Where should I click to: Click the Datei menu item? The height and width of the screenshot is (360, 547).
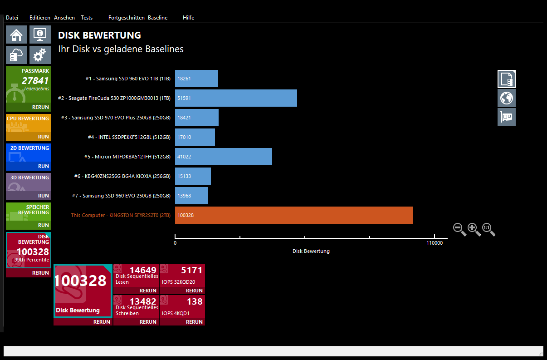[x=12, y=18]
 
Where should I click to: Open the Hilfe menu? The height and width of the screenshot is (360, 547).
[x=188, y=18]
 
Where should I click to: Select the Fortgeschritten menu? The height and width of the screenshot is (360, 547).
[x=127, y=18]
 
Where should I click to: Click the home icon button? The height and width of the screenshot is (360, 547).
[x=16, y=35]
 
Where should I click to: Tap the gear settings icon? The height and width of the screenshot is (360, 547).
[x=40, y=55]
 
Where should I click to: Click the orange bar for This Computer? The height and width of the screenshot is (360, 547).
[x=293, y=215]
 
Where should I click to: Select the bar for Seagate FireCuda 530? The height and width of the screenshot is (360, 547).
[x=236, y=98]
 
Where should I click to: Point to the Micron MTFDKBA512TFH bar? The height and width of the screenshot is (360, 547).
[x=224, y=157]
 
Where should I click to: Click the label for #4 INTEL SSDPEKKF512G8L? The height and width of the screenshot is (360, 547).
[x=129, y=137]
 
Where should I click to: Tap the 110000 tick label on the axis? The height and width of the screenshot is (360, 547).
[x=434, y=243]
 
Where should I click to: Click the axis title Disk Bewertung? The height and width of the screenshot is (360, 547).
[x=311, y=251]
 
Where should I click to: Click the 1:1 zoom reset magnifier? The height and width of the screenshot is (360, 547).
[x=488, y=229]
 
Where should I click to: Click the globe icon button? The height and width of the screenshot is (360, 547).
[x=506, y=98]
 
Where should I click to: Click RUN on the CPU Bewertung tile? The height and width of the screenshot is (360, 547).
[x=44, y=137]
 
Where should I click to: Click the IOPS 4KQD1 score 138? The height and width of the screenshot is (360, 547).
[x=195, y=301]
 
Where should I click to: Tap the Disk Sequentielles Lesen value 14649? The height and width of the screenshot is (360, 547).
[x=143, y=271]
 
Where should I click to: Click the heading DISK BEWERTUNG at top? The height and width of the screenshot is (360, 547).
[x=100, y=35]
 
